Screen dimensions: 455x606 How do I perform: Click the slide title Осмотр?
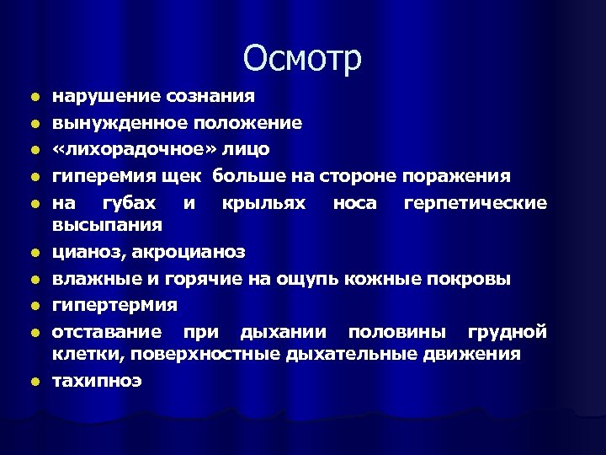tap(303, 58)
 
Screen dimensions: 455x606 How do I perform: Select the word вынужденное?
tap(110, 124)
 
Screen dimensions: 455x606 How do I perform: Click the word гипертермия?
tap(114, 304)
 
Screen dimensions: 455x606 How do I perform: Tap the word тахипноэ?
tap(97, 381)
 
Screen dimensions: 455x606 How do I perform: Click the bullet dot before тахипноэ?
tap(35, 382)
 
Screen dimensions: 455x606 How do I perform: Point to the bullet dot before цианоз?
tap(35, 253)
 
